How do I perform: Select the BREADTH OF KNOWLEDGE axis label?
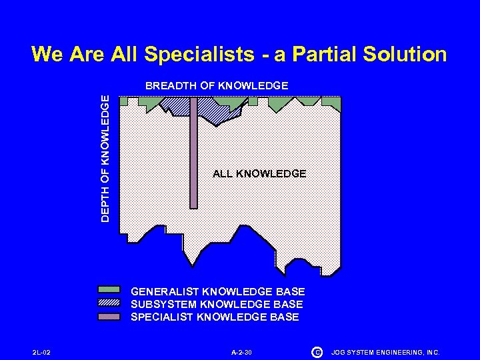click(217, 86)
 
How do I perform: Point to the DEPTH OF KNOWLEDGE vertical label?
click(105, 157)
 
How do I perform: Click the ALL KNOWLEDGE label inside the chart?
click(259, 174)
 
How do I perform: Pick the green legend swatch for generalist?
click(109, 291)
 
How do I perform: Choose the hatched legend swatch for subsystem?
click(109, 303)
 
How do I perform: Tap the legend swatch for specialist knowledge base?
click(109, 316)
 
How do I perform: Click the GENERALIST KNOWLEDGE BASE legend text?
click(218, 292)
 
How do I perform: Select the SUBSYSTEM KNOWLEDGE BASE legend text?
click(217, 305)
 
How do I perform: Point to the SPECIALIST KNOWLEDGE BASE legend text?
click(215, 317)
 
